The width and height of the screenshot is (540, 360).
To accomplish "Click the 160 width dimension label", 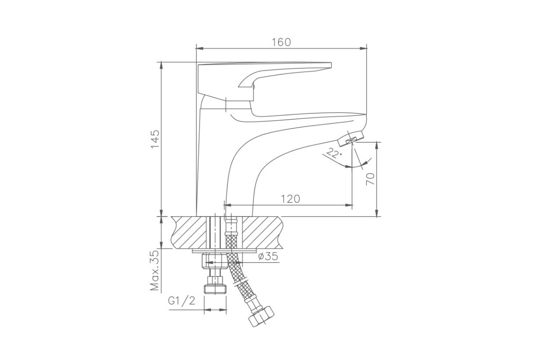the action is tap(281, 42).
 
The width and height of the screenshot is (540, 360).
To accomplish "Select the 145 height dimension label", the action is tap(155, 139).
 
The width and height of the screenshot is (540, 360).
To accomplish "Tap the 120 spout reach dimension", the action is tap(291, 199).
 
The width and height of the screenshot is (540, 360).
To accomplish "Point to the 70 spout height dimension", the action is tap(370, 179).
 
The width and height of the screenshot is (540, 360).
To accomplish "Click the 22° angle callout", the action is tap(333, 153).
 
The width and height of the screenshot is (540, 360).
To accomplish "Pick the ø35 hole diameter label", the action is tap(268, 256).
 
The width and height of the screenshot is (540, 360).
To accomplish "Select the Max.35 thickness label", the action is tap(154, 270).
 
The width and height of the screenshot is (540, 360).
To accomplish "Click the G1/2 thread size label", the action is tap(181, 301).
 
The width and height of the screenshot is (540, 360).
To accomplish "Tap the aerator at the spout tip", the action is tap(351, 139).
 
